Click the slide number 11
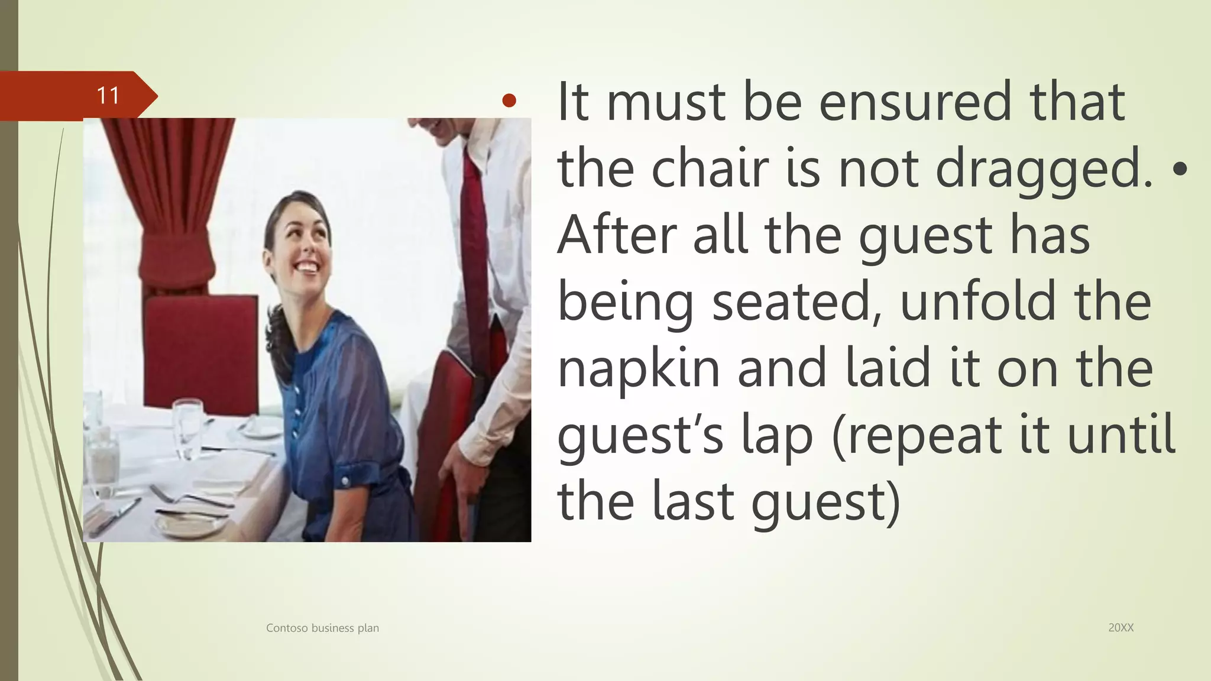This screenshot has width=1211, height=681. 108,96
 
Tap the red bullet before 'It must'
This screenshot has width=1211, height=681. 509,101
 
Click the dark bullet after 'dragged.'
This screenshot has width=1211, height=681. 1180,170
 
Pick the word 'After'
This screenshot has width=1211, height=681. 617,235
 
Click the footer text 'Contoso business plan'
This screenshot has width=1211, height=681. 322,628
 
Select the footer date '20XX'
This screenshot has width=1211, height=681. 1121,628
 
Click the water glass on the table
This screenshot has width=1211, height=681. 188,429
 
